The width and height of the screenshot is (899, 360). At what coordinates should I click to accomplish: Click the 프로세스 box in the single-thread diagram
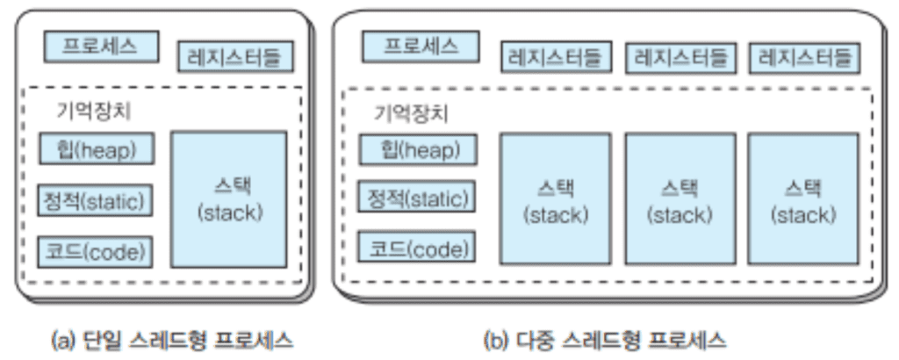(x=100, y=47)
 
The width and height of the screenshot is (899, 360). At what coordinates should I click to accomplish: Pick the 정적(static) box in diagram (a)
(x=97, y=200)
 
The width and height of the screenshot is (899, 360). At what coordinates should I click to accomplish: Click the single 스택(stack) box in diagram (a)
(x=229, y=200)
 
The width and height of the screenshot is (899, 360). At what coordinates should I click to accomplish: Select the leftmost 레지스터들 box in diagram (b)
(x=556, y=58)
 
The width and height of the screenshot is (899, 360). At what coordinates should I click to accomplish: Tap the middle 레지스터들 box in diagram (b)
(x=680, y=58)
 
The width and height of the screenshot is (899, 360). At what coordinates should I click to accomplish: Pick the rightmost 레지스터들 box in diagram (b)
(x=805, y=58)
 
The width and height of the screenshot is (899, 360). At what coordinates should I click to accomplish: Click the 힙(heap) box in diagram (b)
(x=418, y=149)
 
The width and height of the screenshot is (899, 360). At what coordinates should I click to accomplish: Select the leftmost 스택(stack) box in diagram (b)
(x=555, y=200)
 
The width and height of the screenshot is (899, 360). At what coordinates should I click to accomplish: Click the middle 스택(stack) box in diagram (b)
(x=680, y=200)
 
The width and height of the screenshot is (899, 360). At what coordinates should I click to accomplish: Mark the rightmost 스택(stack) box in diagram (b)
(x=803, y=200)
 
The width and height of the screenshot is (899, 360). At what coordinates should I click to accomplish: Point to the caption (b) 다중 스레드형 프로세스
(x=606, y=338)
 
